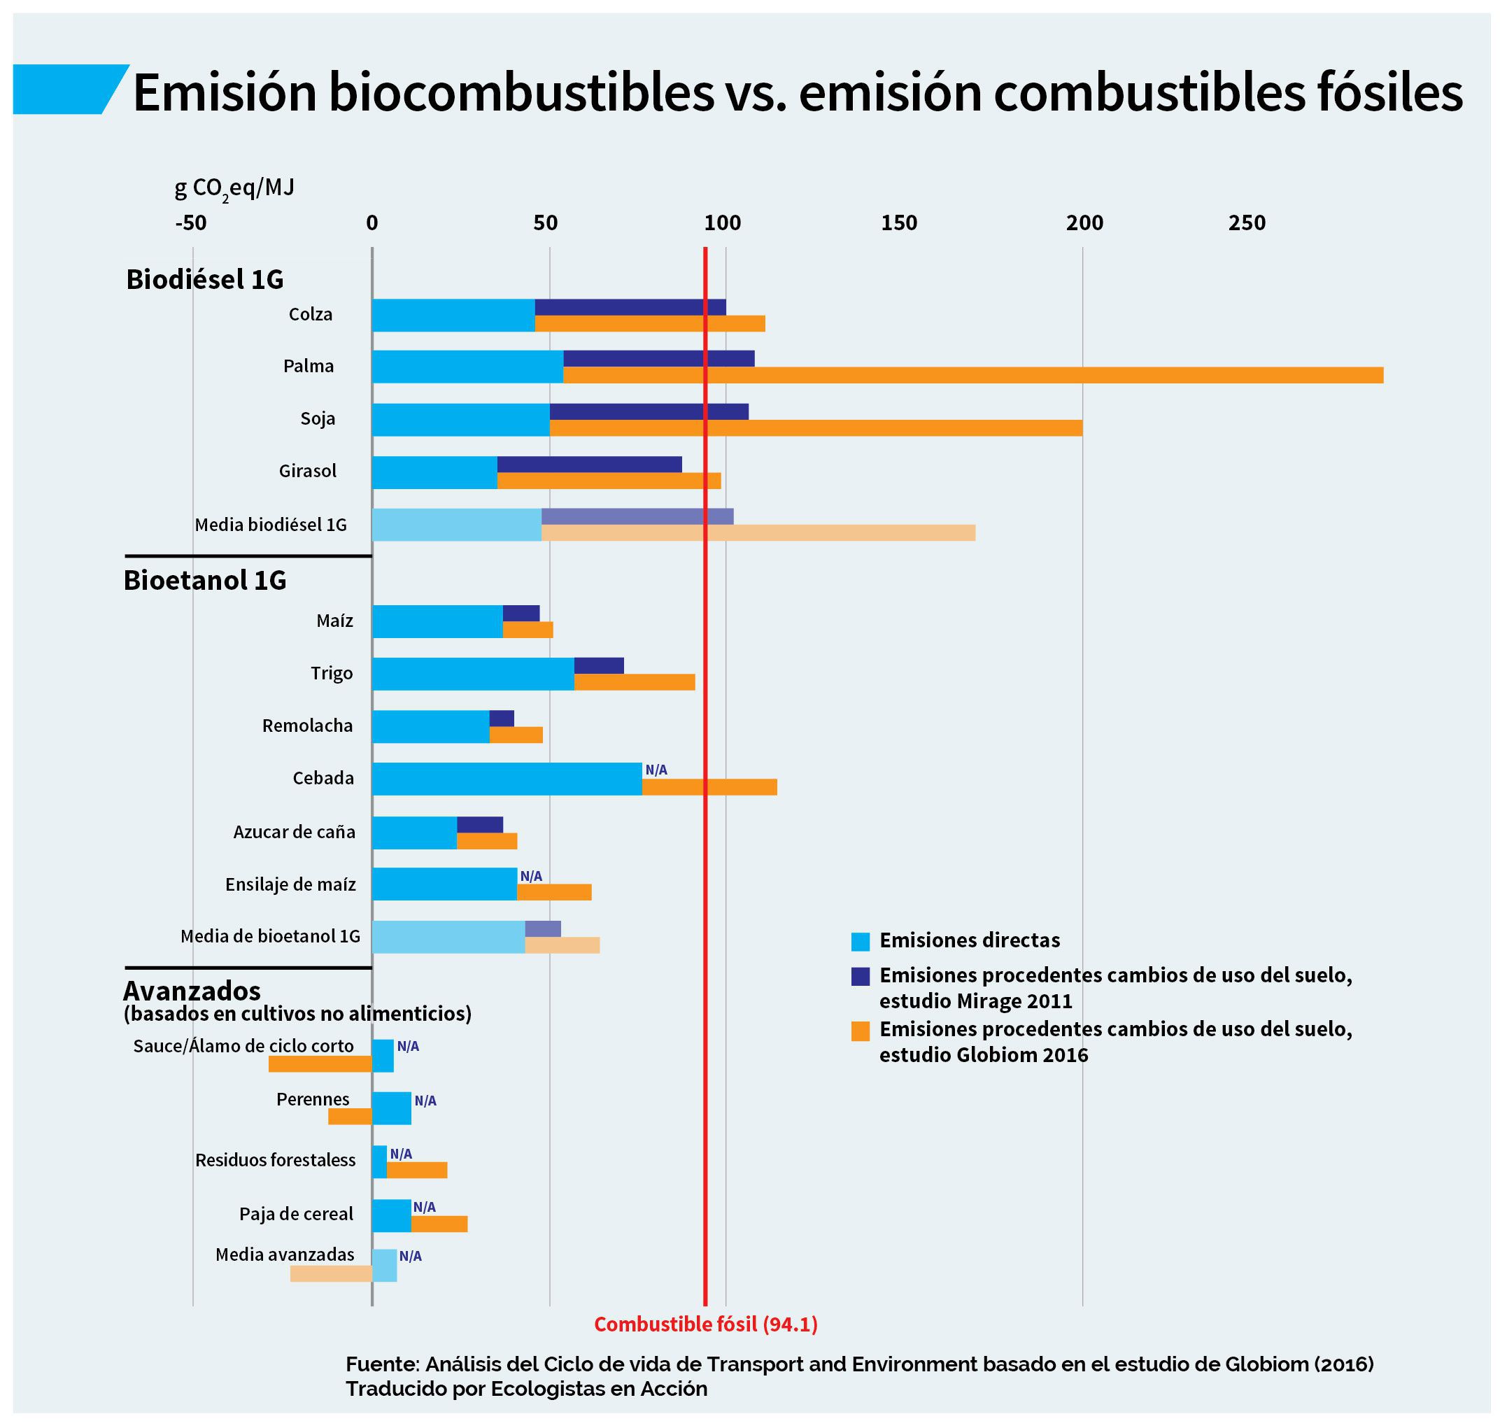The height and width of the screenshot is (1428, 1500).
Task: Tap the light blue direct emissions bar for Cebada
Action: [506, 779]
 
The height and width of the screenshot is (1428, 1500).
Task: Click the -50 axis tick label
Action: [191, 223]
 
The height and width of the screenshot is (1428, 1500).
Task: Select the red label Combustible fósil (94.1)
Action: [705, 1325]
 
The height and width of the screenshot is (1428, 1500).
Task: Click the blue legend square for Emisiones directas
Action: [860, 942]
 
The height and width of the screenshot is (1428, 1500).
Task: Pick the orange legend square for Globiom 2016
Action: [860, 1031]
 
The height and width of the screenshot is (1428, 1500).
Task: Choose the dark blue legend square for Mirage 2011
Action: [860, 977]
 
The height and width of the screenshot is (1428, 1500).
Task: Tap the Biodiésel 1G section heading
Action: [205, 279]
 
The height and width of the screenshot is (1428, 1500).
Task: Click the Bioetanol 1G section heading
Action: [205, 580]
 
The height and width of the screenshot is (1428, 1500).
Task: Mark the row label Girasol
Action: [307, 471]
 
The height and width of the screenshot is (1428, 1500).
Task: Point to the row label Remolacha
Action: [307, 726]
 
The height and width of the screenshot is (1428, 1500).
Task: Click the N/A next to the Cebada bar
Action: [656, 770]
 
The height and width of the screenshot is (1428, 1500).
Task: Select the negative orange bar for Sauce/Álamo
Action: [320, 1064]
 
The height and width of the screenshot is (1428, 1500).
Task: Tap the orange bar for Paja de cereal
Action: [439, 1224]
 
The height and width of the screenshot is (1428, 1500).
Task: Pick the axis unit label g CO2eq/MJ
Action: [234, 188]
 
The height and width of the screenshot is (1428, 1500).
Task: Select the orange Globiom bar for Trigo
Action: [634, 682]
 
